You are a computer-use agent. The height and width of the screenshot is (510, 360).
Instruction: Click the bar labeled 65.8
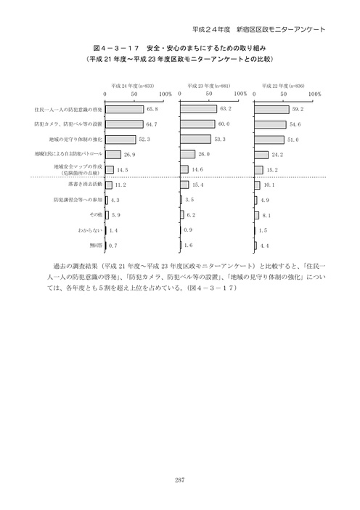click(x=125, y=109)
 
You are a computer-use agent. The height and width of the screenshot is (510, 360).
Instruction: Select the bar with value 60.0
click(x=197, y=124)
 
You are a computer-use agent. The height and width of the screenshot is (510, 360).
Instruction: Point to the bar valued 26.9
click(x=113, y=154)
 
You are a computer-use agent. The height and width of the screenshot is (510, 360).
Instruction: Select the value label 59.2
click(x=297, y=109)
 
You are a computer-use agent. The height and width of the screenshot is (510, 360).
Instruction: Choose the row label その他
click(x=94, y=216)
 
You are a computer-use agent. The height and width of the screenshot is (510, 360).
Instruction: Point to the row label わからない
click(x=89, y=230)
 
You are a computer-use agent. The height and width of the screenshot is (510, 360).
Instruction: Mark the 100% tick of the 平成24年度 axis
click(x=165, y=94)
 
